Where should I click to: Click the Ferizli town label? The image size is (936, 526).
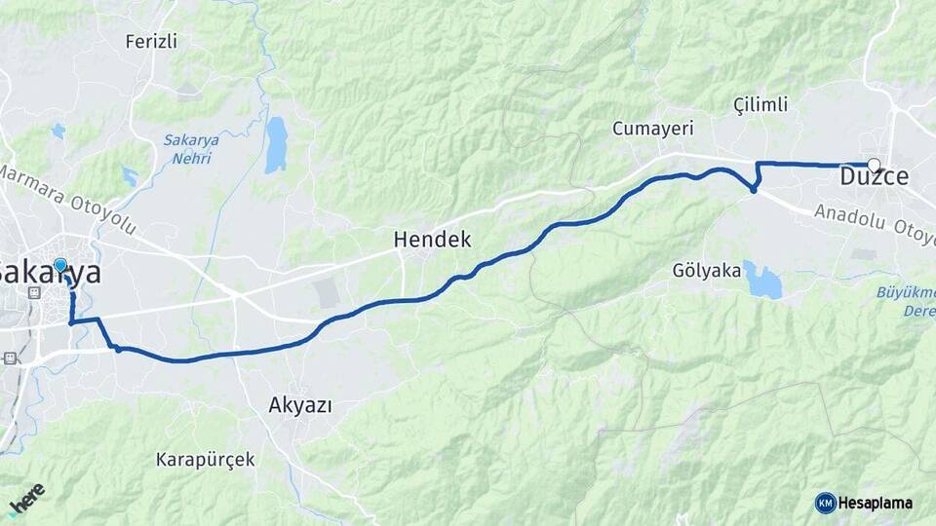(151, 41)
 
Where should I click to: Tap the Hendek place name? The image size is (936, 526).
(432, 239)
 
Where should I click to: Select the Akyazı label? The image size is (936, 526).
(299, 405)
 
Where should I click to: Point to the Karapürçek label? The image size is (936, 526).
(205, 458)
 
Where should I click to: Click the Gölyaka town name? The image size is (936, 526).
(707, 271)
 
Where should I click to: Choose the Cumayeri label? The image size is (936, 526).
(651, 129)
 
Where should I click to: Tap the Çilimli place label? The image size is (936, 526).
(760, 104)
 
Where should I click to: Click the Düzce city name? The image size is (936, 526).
(875, 178)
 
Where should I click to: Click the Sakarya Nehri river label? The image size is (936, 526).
(191, 149)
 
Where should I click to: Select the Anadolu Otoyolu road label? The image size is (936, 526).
(873, 224)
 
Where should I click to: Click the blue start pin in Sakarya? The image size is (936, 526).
(60, 265)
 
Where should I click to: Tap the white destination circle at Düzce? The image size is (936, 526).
(874, 165)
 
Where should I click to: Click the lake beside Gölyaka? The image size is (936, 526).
(762, 281)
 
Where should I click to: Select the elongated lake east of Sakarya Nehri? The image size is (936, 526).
(276, 144)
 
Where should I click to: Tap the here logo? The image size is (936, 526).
(27, 499)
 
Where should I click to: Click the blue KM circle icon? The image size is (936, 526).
(826, 503)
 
